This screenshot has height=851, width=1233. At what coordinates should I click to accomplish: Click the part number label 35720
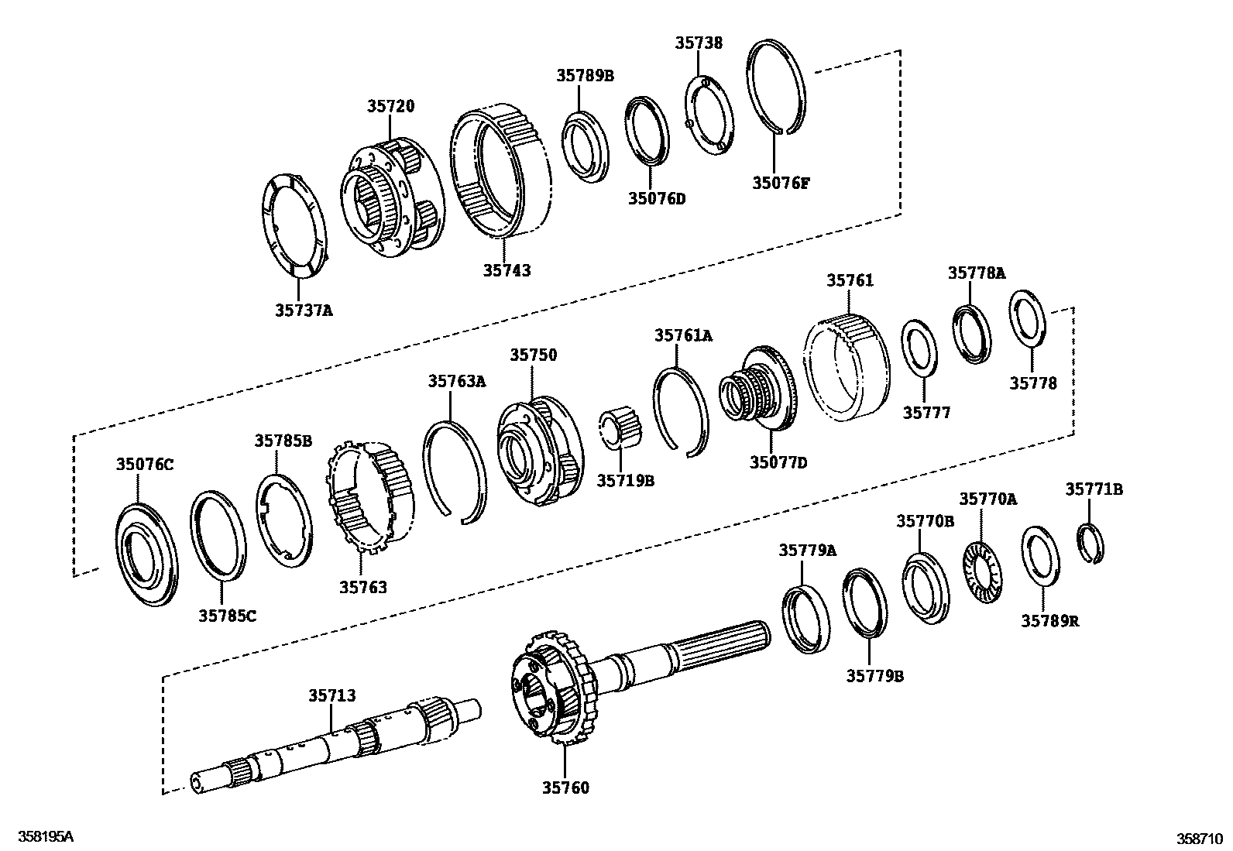point(390,107)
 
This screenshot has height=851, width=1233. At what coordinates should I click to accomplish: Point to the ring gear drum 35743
point(505,170)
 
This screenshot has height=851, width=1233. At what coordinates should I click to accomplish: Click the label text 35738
point(698,43)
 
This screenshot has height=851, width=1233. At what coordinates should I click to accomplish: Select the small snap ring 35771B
point(1091,545)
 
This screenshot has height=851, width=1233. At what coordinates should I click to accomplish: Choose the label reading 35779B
point(874,676)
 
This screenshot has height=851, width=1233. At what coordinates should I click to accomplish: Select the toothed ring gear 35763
point(372,496)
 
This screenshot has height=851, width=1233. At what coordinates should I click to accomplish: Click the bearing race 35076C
point(146,553)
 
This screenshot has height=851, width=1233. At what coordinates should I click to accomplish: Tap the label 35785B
point(283,441)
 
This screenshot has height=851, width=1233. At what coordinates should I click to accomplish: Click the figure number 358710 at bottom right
point(1200,838)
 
